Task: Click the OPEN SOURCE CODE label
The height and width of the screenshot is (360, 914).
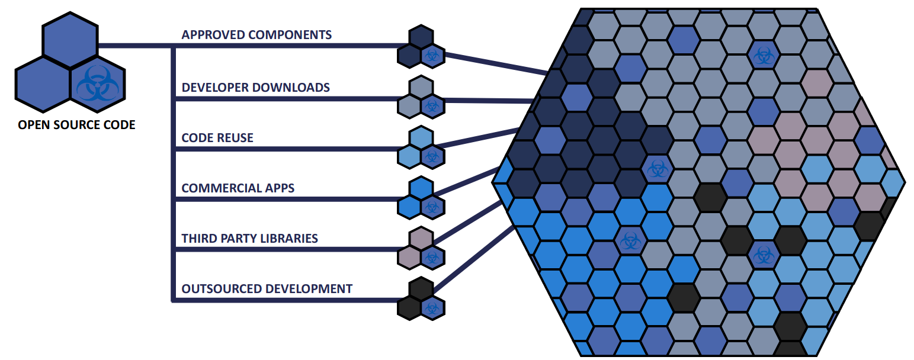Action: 77,125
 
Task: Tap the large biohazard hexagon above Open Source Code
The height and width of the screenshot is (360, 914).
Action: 98,85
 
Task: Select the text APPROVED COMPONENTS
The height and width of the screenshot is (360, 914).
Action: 256,35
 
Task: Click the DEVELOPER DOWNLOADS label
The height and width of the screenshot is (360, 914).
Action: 255,88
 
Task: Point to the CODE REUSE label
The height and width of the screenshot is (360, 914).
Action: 217,138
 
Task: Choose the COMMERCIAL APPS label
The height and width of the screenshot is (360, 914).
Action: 238,188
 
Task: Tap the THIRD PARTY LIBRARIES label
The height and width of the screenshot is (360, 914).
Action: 249,239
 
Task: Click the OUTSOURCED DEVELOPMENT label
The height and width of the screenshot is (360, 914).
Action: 267,289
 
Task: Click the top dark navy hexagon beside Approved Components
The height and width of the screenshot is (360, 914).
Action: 421,37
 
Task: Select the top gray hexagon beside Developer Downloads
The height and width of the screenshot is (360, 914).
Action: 421,88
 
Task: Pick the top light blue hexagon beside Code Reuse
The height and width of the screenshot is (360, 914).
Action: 421,138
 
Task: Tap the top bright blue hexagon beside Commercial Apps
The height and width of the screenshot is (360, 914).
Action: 421,188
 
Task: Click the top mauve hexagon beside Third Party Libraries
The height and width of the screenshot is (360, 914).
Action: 421,239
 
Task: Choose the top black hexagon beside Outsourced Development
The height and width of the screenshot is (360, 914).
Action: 421,289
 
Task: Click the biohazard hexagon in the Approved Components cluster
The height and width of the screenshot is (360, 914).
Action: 432,56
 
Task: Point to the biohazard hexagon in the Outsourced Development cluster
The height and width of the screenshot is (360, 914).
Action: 432,308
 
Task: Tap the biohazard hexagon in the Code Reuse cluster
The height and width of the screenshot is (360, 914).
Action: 432,156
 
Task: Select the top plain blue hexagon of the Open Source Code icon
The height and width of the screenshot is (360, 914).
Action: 70,40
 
